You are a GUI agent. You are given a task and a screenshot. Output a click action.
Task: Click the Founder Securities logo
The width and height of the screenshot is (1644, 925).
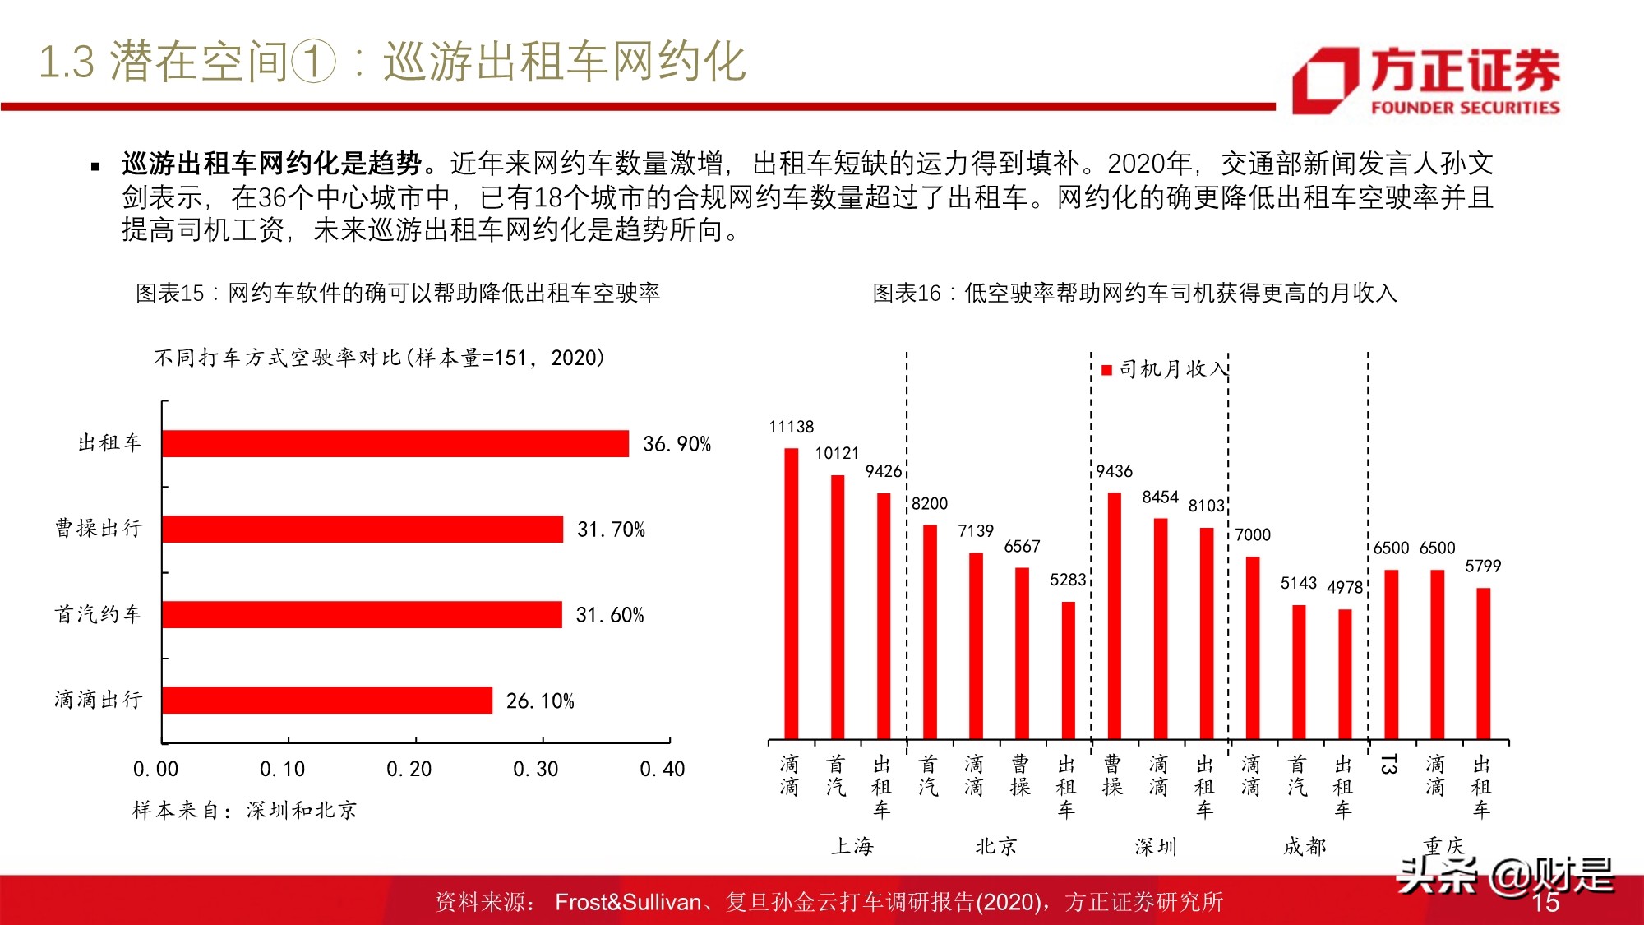tap(1426, 81)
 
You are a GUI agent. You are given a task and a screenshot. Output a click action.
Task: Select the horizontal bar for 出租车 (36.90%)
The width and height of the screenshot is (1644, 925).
tap(395, 444)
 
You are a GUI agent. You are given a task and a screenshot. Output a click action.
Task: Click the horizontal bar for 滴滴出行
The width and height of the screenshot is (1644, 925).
tap(327, 701)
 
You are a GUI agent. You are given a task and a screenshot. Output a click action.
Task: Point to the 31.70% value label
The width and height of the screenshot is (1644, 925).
tap(611, 530)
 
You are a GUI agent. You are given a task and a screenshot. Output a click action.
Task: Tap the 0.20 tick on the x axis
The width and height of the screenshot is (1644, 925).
tap(409, 770)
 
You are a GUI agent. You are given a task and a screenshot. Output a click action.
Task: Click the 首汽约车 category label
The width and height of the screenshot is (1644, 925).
tap(98, 614)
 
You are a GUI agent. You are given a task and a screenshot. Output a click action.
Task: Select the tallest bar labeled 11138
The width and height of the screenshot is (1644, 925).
tap(791, 592)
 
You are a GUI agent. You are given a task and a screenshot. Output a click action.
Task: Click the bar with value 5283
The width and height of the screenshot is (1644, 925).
tap(1068, 670)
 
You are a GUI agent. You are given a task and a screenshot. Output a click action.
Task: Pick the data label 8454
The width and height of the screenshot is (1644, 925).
tap(1160, 497)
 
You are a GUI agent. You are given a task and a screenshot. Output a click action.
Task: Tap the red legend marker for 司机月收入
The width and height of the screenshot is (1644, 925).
tap(1106, 370)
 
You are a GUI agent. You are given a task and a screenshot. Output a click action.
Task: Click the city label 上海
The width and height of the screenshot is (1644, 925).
tap(852, 846)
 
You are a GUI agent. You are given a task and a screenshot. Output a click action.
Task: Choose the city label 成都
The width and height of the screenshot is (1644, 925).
tap(1305, 846)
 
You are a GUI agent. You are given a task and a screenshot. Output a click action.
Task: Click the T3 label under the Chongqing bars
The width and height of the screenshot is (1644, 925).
tap(1389, 765)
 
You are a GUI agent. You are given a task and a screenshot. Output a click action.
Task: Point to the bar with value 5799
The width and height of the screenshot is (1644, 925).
tap(1483, 663)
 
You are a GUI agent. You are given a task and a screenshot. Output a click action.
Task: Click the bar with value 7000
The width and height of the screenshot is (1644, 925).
tap(1252, 648)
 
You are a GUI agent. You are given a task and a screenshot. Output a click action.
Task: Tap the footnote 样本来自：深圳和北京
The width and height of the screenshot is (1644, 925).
tap(244, 811)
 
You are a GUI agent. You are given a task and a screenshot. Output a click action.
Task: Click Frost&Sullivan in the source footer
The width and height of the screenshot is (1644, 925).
tap(627, 902)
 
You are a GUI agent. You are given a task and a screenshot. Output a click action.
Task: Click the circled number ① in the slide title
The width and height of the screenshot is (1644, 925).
tap(313, 62)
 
